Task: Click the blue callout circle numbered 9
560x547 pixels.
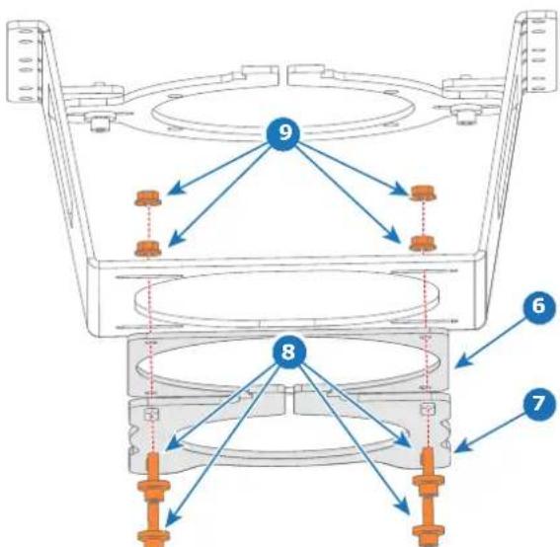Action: (x=283, y=133)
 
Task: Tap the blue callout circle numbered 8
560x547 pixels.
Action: (x=288, y=352)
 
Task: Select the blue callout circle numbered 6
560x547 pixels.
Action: (x=539, y=306)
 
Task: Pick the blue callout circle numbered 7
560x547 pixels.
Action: (x=539, y=404)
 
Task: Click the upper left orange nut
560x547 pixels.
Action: (x=148, y=197)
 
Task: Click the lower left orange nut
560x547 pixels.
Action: (x=148, y=248)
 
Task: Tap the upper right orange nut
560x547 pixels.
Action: (x=423, y=193)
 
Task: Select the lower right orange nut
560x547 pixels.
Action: (x=423, y=243)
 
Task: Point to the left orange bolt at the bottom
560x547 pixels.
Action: (x=153, y=500)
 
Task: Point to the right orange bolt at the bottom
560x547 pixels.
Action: (x=429, y=497)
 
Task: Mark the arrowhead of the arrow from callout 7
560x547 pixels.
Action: (x=462, y=447)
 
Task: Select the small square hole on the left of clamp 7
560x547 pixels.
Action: (x=151, y=414)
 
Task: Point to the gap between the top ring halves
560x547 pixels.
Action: (x=283, y=75)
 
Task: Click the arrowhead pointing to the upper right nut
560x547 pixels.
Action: (x=400, y=190)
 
